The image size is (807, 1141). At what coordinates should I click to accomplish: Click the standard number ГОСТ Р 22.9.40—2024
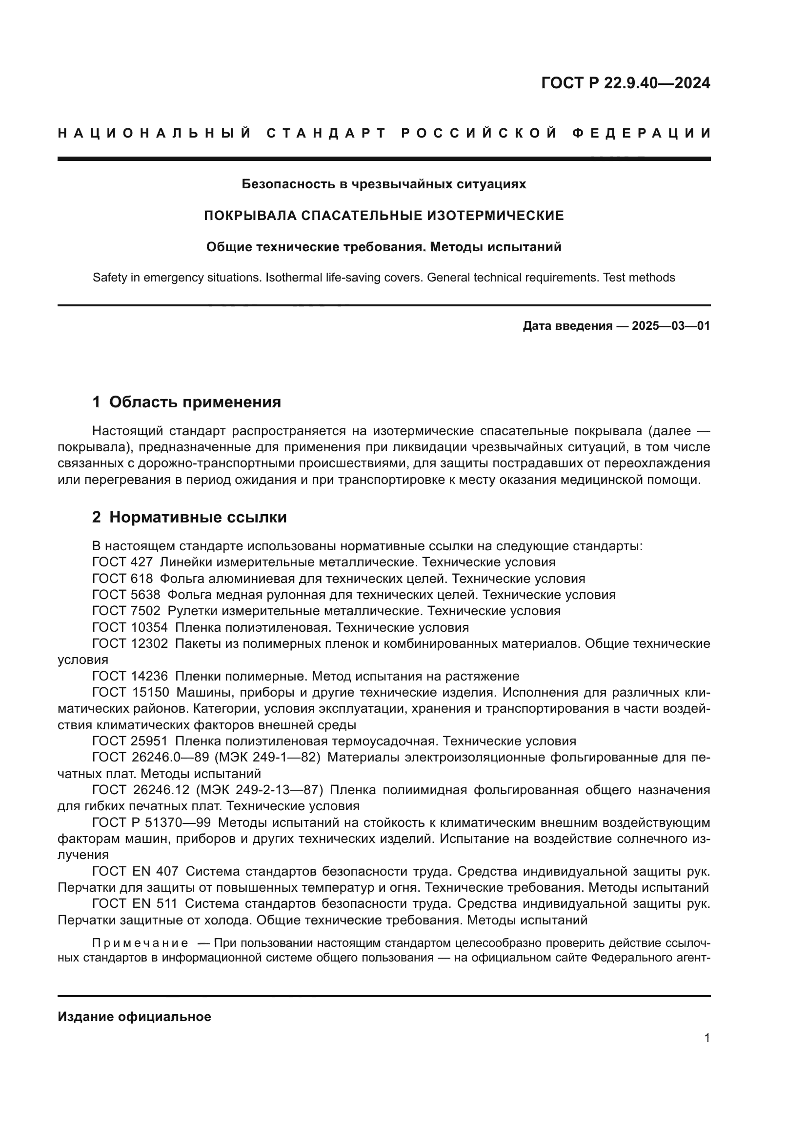click(x=625, y=83)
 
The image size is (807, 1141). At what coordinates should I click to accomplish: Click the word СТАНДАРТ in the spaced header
click(x=326, y=133)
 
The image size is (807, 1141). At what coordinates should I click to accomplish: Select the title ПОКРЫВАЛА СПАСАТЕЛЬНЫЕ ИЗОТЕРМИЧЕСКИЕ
click(x=383, y=216)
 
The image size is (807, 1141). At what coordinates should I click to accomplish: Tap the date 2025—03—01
click(x=670, y=326)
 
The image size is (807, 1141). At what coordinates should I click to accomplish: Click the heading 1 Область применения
click(x=186, y=402)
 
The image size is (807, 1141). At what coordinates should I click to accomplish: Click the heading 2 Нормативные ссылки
click(x=189, y=517)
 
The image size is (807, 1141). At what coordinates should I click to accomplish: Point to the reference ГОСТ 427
click(x=122, y=562)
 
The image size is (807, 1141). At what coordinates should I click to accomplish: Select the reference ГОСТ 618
click(x=122, y=579)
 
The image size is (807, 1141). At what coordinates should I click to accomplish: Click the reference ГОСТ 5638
click(x=126, y=595)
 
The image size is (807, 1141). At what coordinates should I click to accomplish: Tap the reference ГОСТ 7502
click(x=126, y=611)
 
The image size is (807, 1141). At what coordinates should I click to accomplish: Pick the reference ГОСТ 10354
click(x=130, y=627)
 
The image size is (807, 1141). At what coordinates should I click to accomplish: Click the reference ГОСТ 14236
click(x=130, y=676)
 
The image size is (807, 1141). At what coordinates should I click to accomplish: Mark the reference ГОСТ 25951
click(x=130, y=741)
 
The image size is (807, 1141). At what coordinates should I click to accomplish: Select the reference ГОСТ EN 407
click(x=135, y=871)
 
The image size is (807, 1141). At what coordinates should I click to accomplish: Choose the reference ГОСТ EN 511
click(x=135, y=903)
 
